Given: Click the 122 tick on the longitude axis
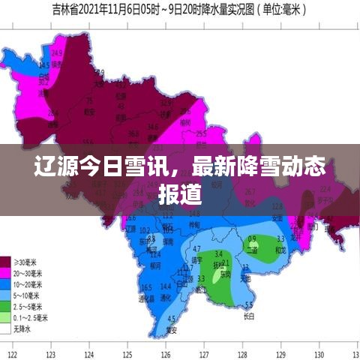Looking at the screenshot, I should click(x=12, y=354).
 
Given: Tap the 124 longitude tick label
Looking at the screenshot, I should click(x=90, y=354).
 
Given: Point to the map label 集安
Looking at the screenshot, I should click(x=171, y=330).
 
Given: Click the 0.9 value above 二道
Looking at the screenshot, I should click(x=252, y=239).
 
